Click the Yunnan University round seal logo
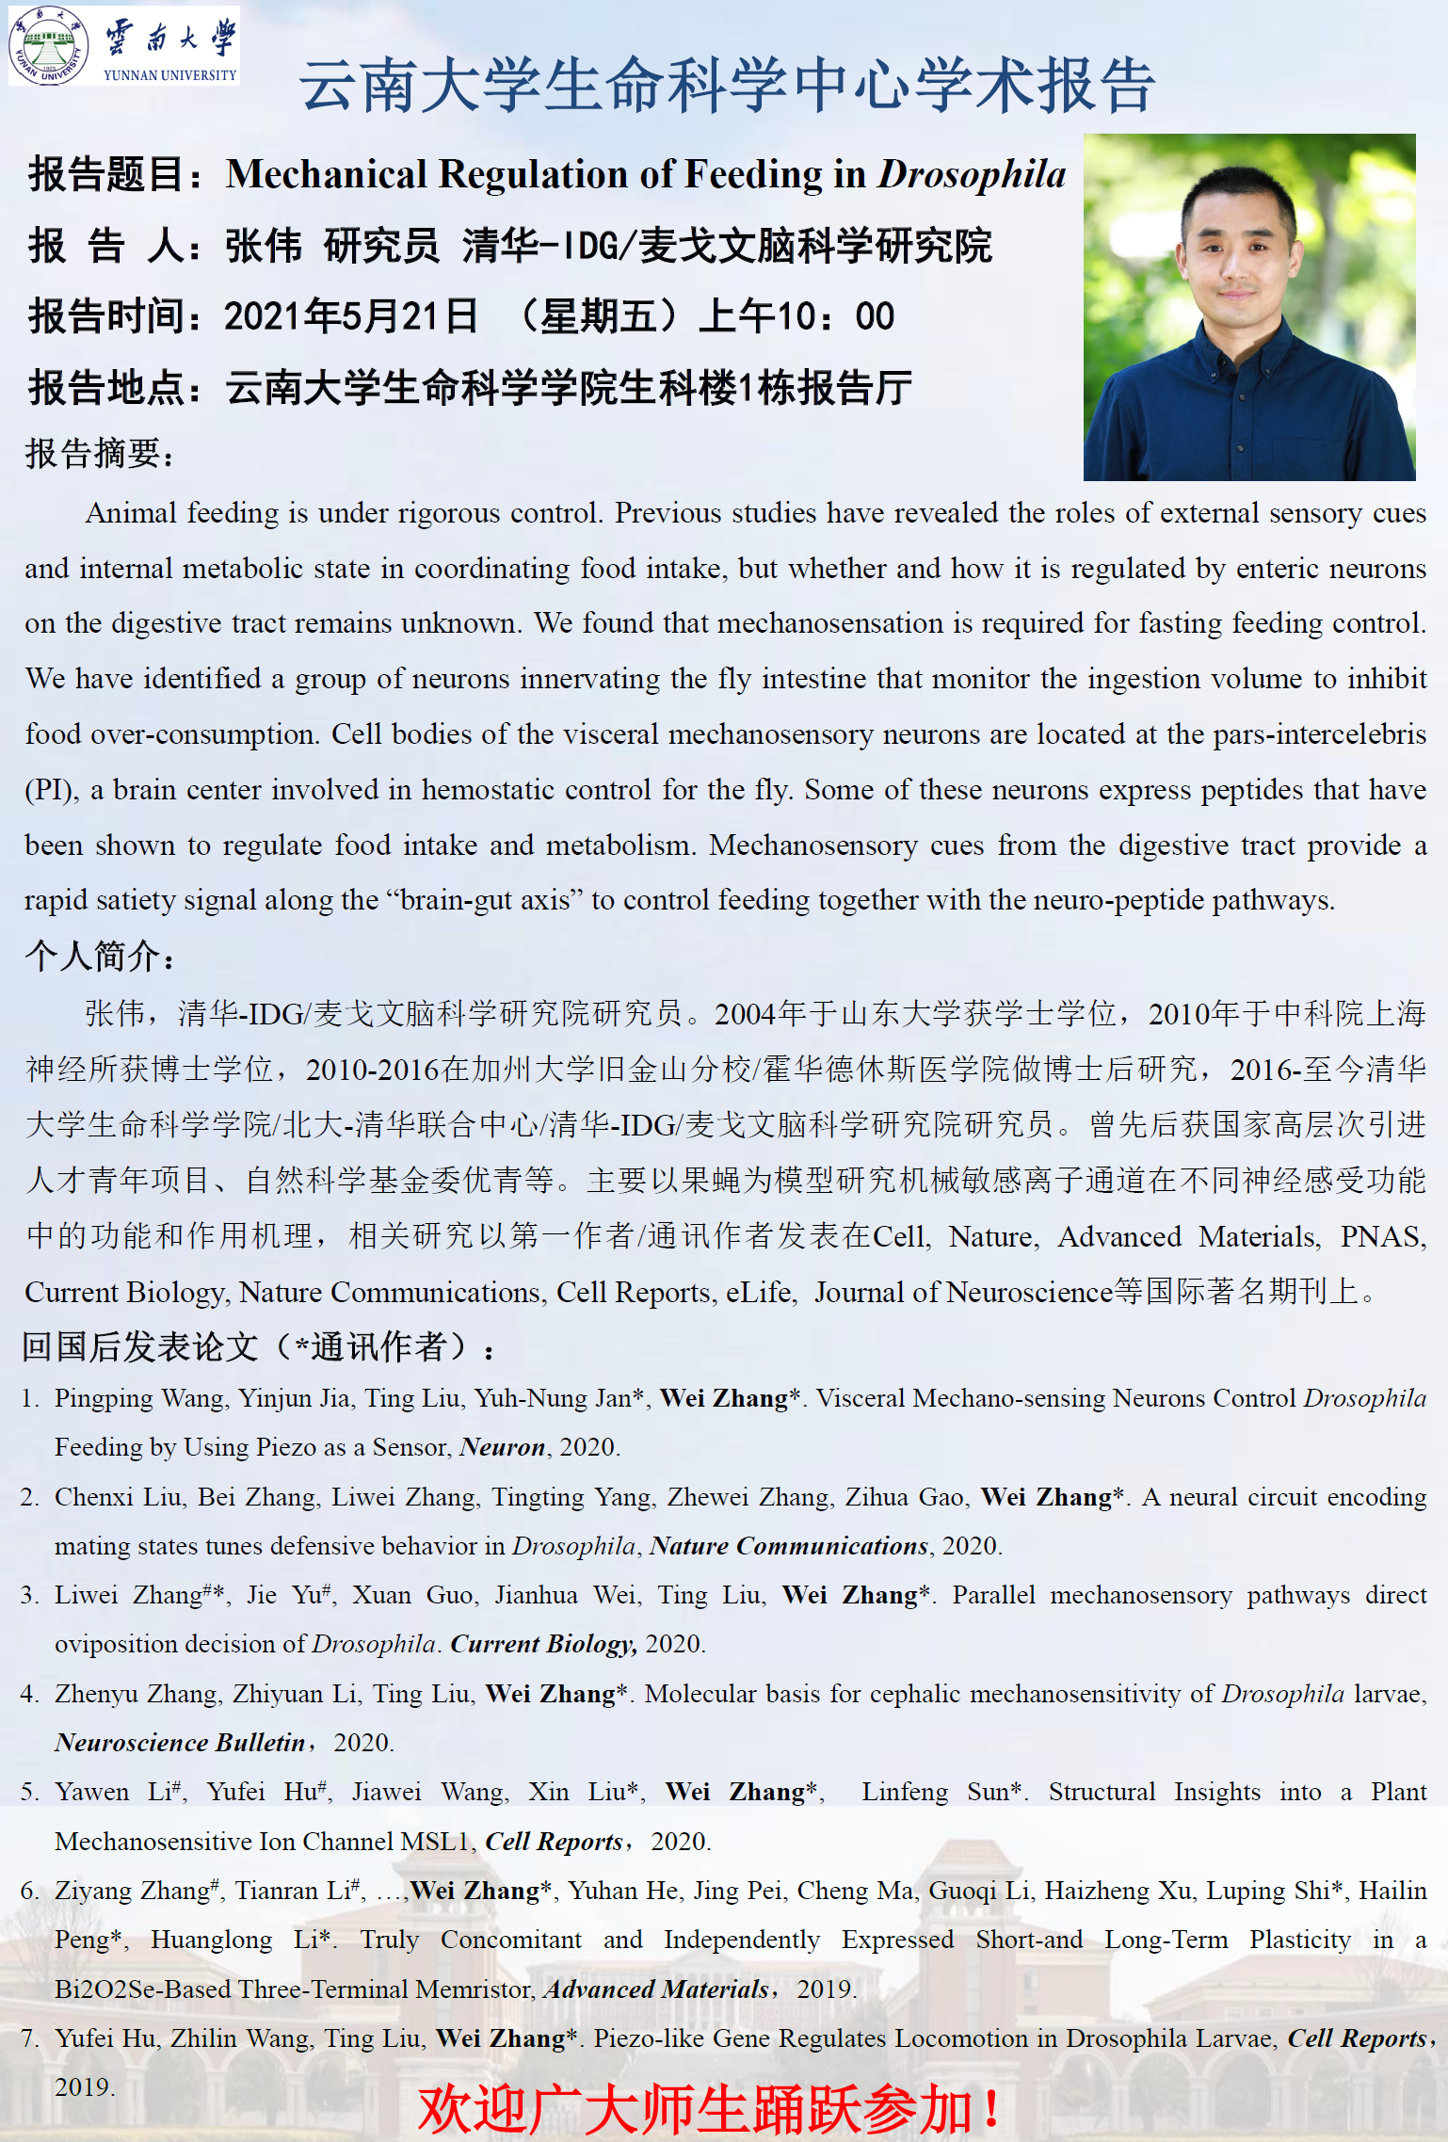(x=47, y=45)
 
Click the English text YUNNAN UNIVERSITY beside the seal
(x=169, y=75)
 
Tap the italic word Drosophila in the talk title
(x=972, y=175)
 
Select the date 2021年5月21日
(x=351, y=316)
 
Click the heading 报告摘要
(x=99, y=454)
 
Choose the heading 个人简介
(x=99, y=956)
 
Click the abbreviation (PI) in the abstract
(x=51, y=790)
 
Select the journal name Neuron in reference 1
(x=503, y=1447)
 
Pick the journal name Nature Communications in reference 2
(x=789, y=1546)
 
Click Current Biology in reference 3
(x=543, y=1644)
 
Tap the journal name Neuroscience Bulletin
(x=180, y=1743)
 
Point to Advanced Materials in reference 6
(x=656, y=1989)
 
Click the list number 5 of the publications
(x=29, y=1792)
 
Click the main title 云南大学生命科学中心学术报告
(x=727, y=85)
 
